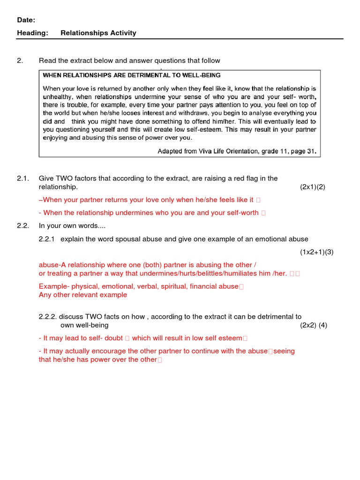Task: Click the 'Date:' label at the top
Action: (x=26, y=20)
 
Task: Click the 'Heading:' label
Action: (x=30, y=33)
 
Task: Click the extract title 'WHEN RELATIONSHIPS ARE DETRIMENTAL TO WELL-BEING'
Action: (x=132, y=75)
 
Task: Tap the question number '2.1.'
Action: (x=23, y=178)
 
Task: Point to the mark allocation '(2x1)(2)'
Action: (x=312, y=187)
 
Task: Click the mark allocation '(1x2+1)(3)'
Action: (x=316, y=252)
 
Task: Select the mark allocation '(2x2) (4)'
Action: (x=314, y=325)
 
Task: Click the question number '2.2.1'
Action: (x=47, y=239)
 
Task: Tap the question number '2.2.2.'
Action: (x=48, y=317)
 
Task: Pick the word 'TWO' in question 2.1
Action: (x=64, y=178)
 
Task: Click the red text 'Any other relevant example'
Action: (x=83, y=295)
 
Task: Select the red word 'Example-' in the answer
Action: (x=54, y=286)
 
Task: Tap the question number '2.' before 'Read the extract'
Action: (x=20, y=60)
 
